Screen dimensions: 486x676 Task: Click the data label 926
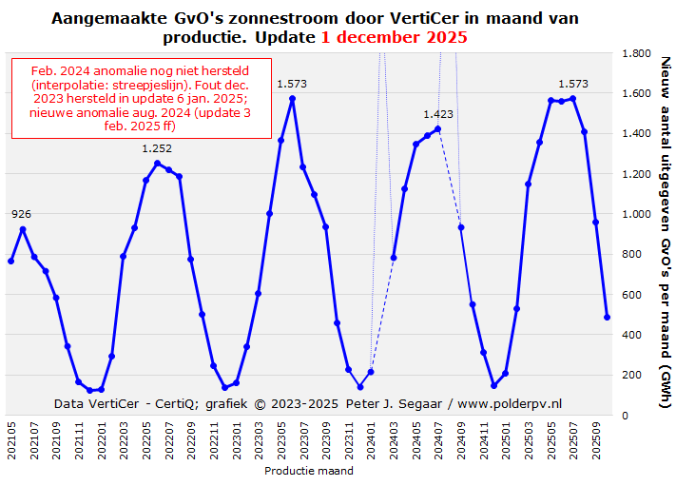coord(22,214)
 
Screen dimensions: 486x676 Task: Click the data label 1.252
coord(157,147)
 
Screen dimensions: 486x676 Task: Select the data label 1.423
coord(438,114)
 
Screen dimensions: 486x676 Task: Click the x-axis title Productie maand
coord(309,471)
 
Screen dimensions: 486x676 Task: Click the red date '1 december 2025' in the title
coord(394,37)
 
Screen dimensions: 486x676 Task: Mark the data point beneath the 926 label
coord(23,229)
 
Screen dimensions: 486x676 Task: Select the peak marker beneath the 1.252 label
coord(157,163)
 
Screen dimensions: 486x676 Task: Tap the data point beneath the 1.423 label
coord(438,128)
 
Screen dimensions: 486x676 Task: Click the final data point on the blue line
coord(607,317)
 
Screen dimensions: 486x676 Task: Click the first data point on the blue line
coord(11,261)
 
